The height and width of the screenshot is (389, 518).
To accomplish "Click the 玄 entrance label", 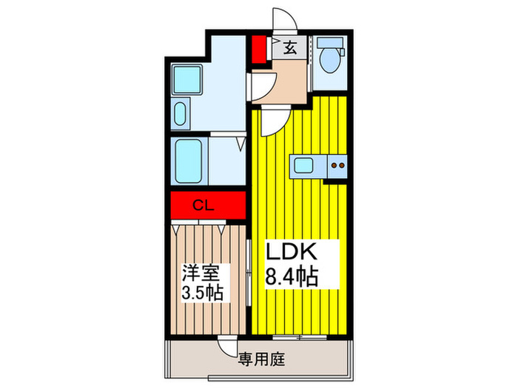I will (x=289, y=49).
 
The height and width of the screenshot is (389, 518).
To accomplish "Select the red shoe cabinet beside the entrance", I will (x=258, y=48).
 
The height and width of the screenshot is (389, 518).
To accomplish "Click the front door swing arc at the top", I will (x=282, y=20).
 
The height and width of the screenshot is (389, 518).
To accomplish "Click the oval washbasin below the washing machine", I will (x=180, y=115).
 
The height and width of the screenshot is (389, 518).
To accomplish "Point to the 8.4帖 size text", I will (x=291, y=277).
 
